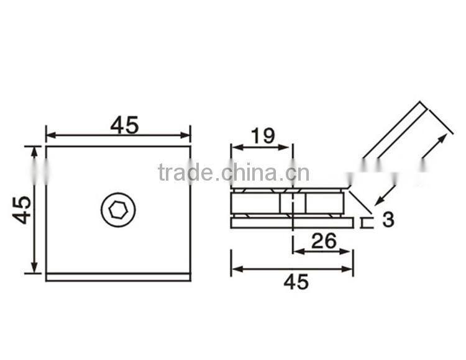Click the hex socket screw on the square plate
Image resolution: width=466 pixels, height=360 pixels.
coord(118,211)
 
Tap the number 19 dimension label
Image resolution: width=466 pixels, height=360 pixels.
coord(262,136)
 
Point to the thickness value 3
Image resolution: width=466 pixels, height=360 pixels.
coord(388,219)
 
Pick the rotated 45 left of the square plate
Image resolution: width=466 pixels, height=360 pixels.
coord(22,210)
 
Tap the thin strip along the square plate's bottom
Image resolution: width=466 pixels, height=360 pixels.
coord(118,277)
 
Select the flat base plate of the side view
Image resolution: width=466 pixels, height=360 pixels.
coord(291,222)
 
